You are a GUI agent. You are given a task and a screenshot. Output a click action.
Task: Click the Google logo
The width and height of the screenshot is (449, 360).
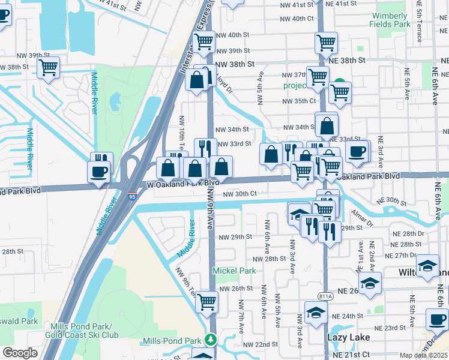[x=19, y=353]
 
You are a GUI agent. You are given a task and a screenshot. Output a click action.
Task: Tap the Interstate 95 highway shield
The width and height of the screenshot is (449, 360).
[x=131, y=196]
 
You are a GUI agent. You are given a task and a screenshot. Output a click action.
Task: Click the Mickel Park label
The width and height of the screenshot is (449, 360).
[x=234, y=271]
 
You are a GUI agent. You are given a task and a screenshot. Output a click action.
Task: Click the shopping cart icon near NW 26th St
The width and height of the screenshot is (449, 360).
[x=206, y=302]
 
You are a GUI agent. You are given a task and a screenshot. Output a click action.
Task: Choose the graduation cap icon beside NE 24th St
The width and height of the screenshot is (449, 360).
[x=316, y=312]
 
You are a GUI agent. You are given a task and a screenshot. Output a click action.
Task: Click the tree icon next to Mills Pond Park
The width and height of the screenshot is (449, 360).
[x=210, y=340]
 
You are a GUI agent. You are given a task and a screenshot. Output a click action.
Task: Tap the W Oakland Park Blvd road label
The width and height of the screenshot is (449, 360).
[x=179, y=184]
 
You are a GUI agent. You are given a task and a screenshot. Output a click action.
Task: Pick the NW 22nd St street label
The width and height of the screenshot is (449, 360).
[x=261, y=345]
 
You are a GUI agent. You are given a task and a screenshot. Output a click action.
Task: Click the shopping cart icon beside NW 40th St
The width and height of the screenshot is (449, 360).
[x=204, y=42]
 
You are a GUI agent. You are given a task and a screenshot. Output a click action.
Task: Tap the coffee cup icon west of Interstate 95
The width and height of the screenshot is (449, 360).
[x=99, y=172]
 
